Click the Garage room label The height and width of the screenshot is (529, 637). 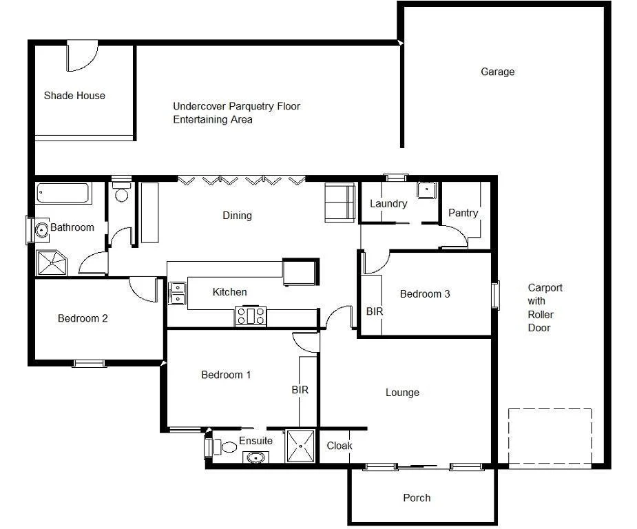click(x=497, y=72)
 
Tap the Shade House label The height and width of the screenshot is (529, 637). click(x=74, y=96)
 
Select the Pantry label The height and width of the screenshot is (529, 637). click(x=463, y=213)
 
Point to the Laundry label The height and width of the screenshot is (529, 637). click(x=388, y=203)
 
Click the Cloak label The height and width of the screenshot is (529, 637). click(x=340, y=446)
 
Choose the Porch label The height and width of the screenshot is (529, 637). click(x=417, y=497)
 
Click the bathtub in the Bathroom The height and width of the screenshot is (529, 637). click(x=63, y=193)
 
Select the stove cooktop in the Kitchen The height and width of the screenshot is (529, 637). click(x=251, y=316)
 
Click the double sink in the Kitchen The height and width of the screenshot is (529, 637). click(x=178, y=293)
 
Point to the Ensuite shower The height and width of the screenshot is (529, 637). click(x=300, y=446)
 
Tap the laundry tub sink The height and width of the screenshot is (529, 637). click(x=426, y=190)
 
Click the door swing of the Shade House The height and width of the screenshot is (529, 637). click(x=81, y=56)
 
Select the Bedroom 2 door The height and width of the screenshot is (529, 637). click(x=145, y=289)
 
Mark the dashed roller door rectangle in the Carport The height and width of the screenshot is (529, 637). click(x=550, y=437)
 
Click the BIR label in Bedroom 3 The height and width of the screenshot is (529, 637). click(x=374, y=311)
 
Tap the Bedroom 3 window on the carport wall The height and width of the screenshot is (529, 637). click(x=494, y=295)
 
